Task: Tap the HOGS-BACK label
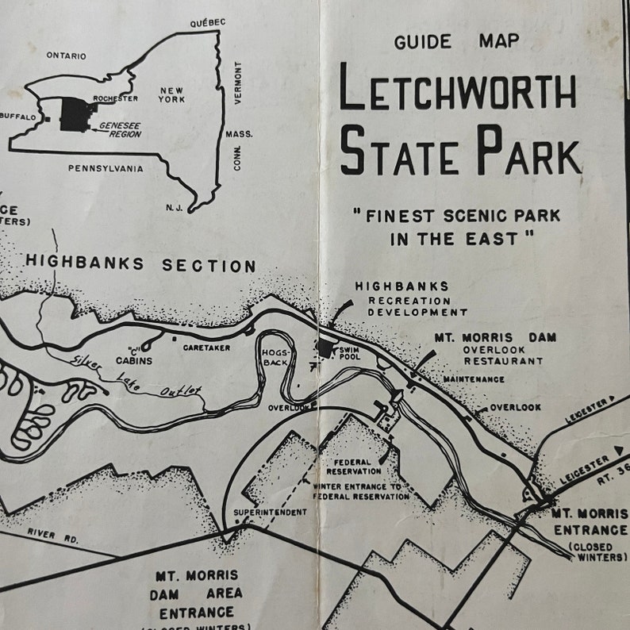point(276,357)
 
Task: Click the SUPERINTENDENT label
point(270,513)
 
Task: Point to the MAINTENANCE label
point(474,379)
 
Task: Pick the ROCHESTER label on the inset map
point(116,98)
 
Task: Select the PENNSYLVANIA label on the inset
point(106,168)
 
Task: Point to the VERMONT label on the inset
point(237,83)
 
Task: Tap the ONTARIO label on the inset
point(67,56)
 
